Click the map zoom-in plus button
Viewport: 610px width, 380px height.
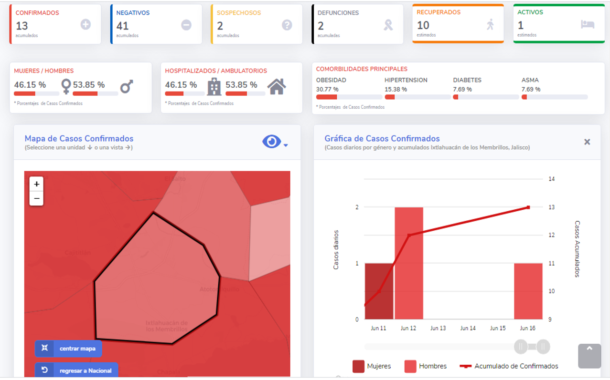36,184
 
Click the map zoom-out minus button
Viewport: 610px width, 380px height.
36,198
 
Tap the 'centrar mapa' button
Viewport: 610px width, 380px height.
68,349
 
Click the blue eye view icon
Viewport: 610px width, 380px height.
272,142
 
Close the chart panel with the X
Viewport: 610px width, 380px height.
587,142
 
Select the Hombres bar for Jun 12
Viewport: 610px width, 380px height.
409,263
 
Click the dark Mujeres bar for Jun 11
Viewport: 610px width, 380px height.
379,291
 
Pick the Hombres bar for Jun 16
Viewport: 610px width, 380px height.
528,291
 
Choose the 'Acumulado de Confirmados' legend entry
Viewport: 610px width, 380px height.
509,366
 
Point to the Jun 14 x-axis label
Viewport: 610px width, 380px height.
468,329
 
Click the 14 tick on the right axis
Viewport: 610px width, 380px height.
552,179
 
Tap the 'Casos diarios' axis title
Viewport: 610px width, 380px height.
336,250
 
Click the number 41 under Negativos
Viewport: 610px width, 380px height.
122,26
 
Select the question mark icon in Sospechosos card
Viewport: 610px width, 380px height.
287,25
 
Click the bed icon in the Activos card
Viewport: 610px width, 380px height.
588,24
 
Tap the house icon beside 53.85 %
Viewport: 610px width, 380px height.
277,87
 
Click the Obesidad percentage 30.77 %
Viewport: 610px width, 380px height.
327,89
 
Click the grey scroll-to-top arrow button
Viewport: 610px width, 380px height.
589,356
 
